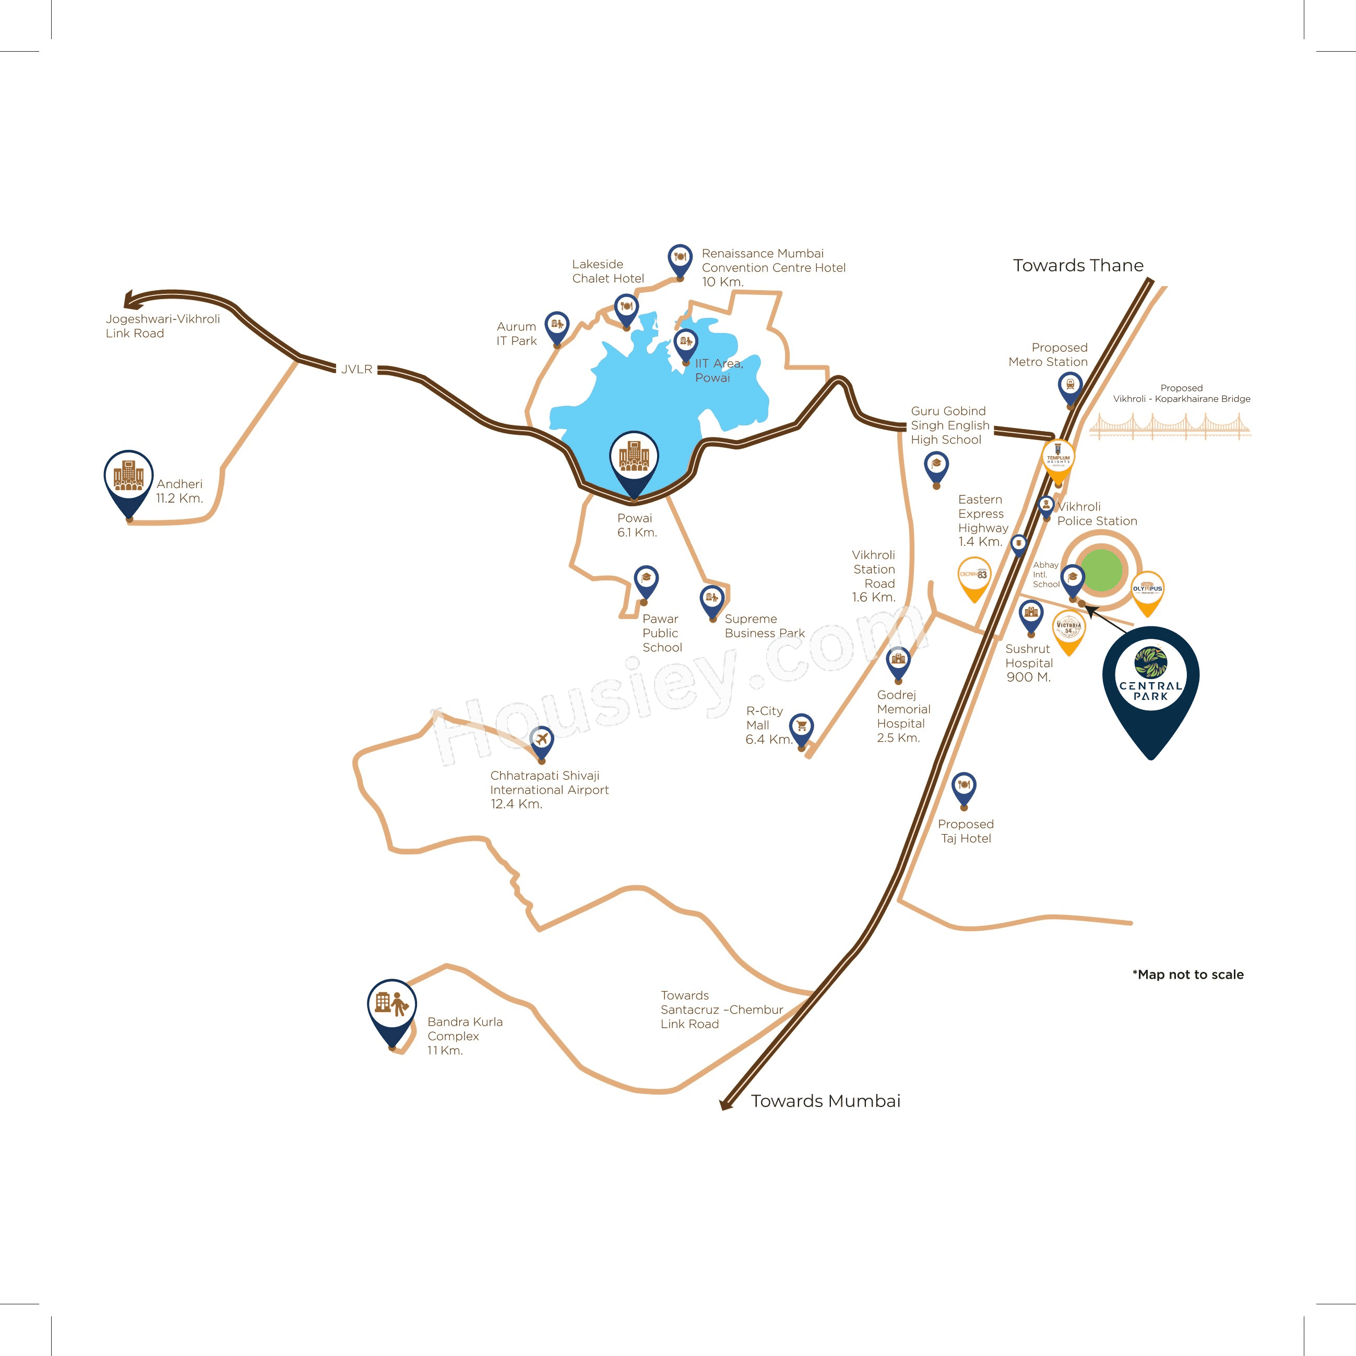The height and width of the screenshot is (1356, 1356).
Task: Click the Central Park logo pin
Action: pyautogui.click(x=1150, y=681)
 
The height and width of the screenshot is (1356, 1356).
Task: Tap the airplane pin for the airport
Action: pyautogui.click(x=541, y=740)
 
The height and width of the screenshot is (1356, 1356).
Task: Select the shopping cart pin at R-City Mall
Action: pyautogui.click(x=802, y=728)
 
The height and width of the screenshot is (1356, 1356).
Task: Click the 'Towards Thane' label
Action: pyautogui.click(x=1078, y=265)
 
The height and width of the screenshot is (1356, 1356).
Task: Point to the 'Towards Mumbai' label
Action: pyautogui.click(x=825, y=1101)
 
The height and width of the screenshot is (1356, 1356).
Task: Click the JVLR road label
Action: pyautogui.click(x=356, y=369)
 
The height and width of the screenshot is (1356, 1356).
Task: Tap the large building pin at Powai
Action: pyautogui.click(x=634, y=460)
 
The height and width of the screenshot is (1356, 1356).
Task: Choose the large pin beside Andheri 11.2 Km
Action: pyautogui.click(x=128, y=479)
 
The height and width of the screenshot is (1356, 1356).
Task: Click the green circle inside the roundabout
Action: pyautogui.click(x=1102, y=569)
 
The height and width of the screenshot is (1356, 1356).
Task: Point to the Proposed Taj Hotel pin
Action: pyautogui.click(x=964, y=787)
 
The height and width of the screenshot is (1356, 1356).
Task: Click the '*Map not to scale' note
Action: pyautogui.click(x=1187, y=974)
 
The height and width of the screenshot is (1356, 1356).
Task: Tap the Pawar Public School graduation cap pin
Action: pyautogui.click(x=646, y=580)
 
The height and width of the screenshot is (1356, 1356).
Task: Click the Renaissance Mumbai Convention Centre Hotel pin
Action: pyautogui.click(x=680, y=258)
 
